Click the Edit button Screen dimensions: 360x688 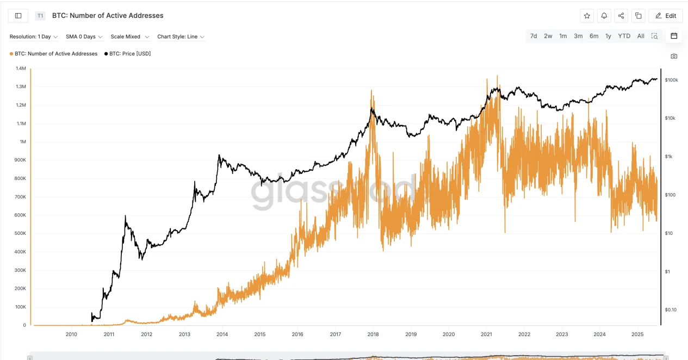(666, 16)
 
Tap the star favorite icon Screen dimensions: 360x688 (587, 16)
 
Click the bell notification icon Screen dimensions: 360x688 (604, 16)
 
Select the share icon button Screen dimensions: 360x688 (621, 16)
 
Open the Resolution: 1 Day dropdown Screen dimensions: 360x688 (34, 37)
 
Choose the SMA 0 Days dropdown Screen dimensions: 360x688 (84, 37)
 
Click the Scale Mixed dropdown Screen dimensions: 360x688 (129, 37)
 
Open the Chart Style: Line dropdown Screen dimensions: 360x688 (181, 37)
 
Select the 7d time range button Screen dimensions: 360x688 (534, 36)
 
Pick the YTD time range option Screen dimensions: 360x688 (624, 36)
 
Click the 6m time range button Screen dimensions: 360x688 (594, 36)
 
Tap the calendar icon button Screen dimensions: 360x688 (674, 36)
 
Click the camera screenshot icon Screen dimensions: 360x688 (674, 56)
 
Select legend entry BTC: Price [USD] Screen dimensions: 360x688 (129, 54)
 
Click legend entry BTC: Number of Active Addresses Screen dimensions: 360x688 (55, 54)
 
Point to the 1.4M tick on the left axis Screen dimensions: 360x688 (21, 69)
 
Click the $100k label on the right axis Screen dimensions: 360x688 (671, 80)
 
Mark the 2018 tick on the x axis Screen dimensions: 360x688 (373, 334)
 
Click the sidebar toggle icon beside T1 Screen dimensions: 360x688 (18, 16)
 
